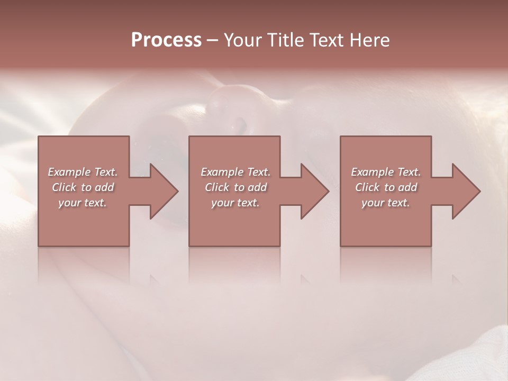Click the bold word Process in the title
coord(166,40)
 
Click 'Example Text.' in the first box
coord(83,172)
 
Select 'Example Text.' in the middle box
coord(235,172)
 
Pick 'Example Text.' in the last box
coord(386,172)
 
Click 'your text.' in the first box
coord(83,203)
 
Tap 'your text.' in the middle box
coord(235,203)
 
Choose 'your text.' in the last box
coord(386,203)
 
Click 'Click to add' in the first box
coord(83,187)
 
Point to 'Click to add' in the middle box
coord(235,187)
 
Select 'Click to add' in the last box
coord(386,187)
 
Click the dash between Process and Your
coord(212,41)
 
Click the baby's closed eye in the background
coord(241,127)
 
